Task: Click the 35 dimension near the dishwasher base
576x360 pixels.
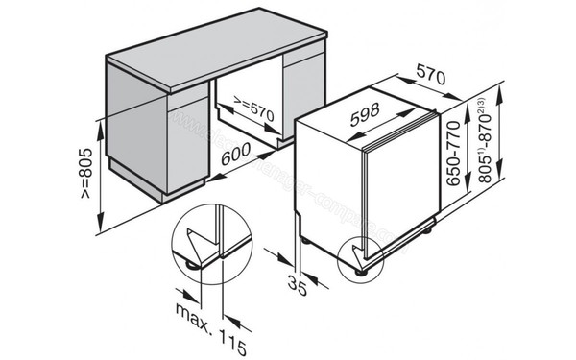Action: coord(300,283)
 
